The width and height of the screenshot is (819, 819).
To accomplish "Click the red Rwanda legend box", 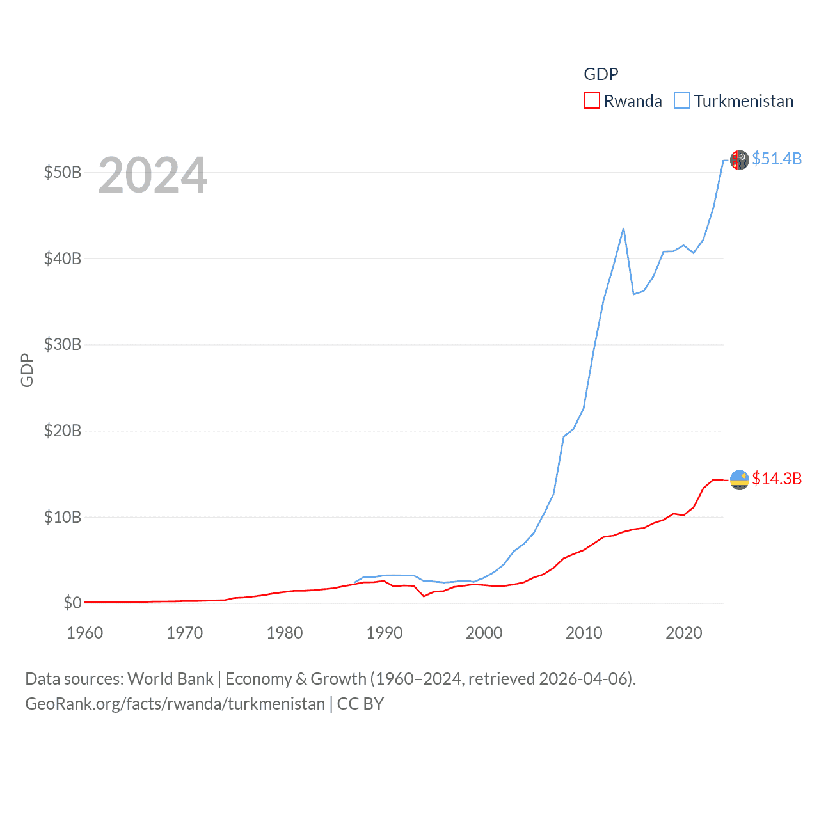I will [591, 101].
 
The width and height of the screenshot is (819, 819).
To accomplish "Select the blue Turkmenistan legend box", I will [682, 101].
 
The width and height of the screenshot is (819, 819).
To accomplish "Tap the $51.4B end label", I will [777, 159].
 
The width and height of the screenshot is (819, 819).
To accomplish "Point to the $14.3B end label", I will [777, 479].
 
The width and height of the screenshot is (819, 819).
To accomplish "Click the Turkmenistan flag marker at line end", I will [740, 160].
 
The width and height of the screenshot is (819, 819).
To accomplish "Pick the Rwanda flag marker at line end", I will [740, 480].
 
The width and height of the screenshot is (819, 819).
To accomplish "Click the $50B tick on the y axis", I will [63, 173].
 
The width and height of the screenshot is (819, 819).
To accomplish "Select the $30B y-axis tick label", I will [63, 345].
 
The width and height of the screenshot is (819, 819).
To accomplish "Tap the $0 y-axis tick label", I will [72, 603].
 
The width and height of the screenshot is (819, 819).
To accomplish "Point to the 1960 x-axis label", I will [85, 633].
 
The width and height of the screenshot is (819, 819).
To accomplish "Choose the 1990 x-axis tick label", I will [385, 633].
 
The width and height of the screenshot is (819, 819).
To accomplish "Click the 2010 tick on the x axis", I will [584, 633].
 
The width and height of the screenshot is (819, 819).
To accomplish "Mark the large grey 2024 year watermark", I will [153, 175].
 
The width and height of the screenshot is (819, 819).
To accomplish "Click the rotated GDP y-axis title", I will [27, 370].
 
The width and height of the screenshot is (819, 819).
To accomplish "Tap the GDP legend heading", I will [601, 74].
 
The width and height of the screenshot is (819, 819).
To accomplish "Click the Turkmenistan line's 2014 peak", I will [623, 228].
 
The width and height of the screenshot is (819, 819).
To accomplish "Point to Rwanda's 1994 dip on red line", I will [424, 596].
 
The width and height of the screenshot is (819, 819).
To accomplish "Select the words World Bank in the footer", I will [171, 678].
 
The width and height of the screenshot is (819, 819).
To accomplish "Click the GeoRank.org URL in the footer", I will [175, 704].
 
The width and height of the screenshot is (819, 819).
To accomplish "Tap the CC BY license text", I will [360, 704].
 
